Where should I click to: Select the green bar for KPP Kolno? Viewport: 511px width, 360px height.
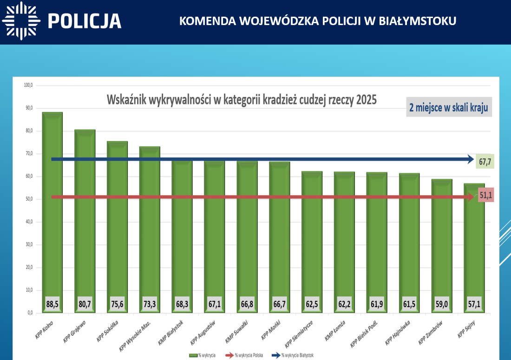(x=52, y=209)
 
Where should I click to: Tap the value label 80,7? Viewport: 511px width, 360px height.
(x=85, y=304)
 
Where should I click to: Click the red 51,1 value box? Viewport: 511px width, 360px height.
(x=485, y=196)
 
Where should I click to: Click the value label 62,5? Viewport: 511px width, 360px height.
(x=312, y=304)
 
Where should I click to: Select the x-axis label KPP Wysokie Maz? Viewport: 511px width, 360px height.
(x=136, y=335)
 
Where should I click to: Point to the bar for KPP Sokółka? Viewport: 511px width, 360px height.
(x=117, y=223)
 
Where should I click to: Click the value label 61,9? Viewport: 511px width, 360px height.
(x=377, y=304)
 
